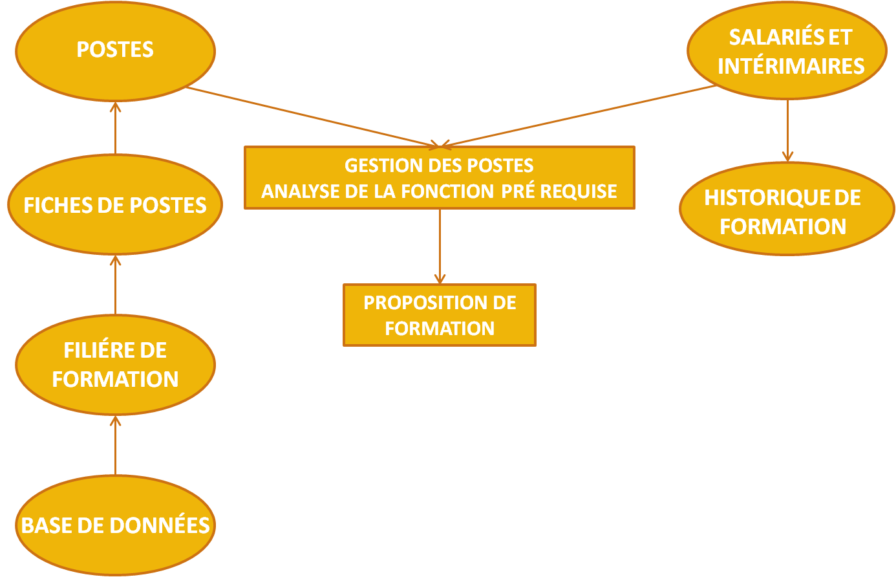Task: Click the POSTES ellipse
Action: [x=115, y=50]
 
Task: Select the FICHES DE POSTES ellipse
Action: [x=115, y=205]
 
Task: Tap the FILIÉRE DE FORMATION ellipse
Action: [x=115, y=365]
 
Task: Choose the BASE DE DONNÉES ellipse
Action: [x=115, y=525]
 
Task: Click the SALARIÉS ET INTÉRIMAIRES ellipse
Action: [x=787, y=51]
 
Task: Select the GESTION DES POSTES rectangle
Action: [x=440, y=178]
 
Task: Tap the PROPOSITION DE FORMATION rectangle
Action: [x=440, y=315]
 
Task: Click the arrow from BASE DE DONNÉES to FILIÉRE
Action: [x=115, y=446]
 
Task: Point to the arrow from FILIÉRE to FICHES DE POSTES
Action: [x=115, y=285]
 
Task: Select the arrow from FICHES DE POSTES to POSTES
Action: [x=115, y=128]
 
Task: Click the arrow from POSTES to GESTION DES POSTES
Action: [x=317, y=116]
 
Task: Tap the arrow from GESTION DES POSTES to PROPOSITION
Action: [x=440, y=246]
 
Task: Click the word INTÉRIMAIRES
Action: [x=791, y=66]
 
